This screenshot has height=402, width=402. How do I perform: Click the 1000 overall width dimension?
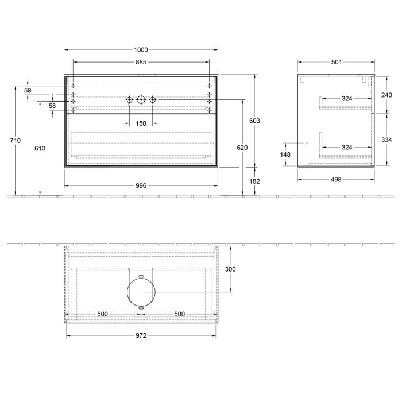[x=141, y=49]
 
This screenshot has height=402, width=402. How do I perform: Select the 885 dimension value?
[x=141, y=62]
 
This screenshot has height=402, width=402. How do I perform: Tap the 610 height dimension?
[x=40, y=149]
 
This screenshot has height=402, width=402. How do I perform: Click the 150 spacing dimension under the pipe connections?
[x=141, y=123]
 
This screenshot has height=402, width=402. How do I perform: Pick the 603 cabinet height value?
[x=255, y=121]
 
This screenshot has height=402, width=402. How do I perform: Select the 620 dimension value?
[x=242, y=148]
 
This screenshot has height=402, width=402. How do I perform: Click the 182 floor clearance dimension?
[x=255, y=181]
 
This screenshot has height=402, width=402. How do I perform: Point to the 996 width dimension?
[x=141, y=185]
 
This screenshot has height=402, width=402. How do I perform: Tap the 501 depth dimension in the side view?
[x=337, y=62]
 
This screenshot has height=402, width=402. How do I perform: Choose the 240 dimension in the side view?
[x=386, y=95]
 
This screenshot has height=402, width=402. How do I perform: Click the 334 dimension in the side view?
[x=386, y=140]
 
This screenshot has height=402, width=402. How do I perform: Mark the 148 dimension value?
[x=285, y=154]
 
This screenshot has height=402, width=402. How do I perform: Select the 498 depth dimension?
[x=337, y=179]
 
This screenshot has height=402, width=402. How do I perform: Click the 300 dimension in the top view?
[x=230, y=269]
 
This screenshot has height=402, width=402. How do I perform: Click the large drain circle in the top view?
[x=141, y=292]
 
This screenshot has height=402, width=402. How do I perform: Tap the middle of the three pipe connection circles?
[x=141, y=100]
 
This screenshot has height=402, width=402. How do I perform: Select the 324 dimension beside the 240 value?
[x=347, y=99]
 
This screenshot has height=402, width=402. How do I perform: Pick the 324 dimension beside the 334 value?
[x=347, y=148]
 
